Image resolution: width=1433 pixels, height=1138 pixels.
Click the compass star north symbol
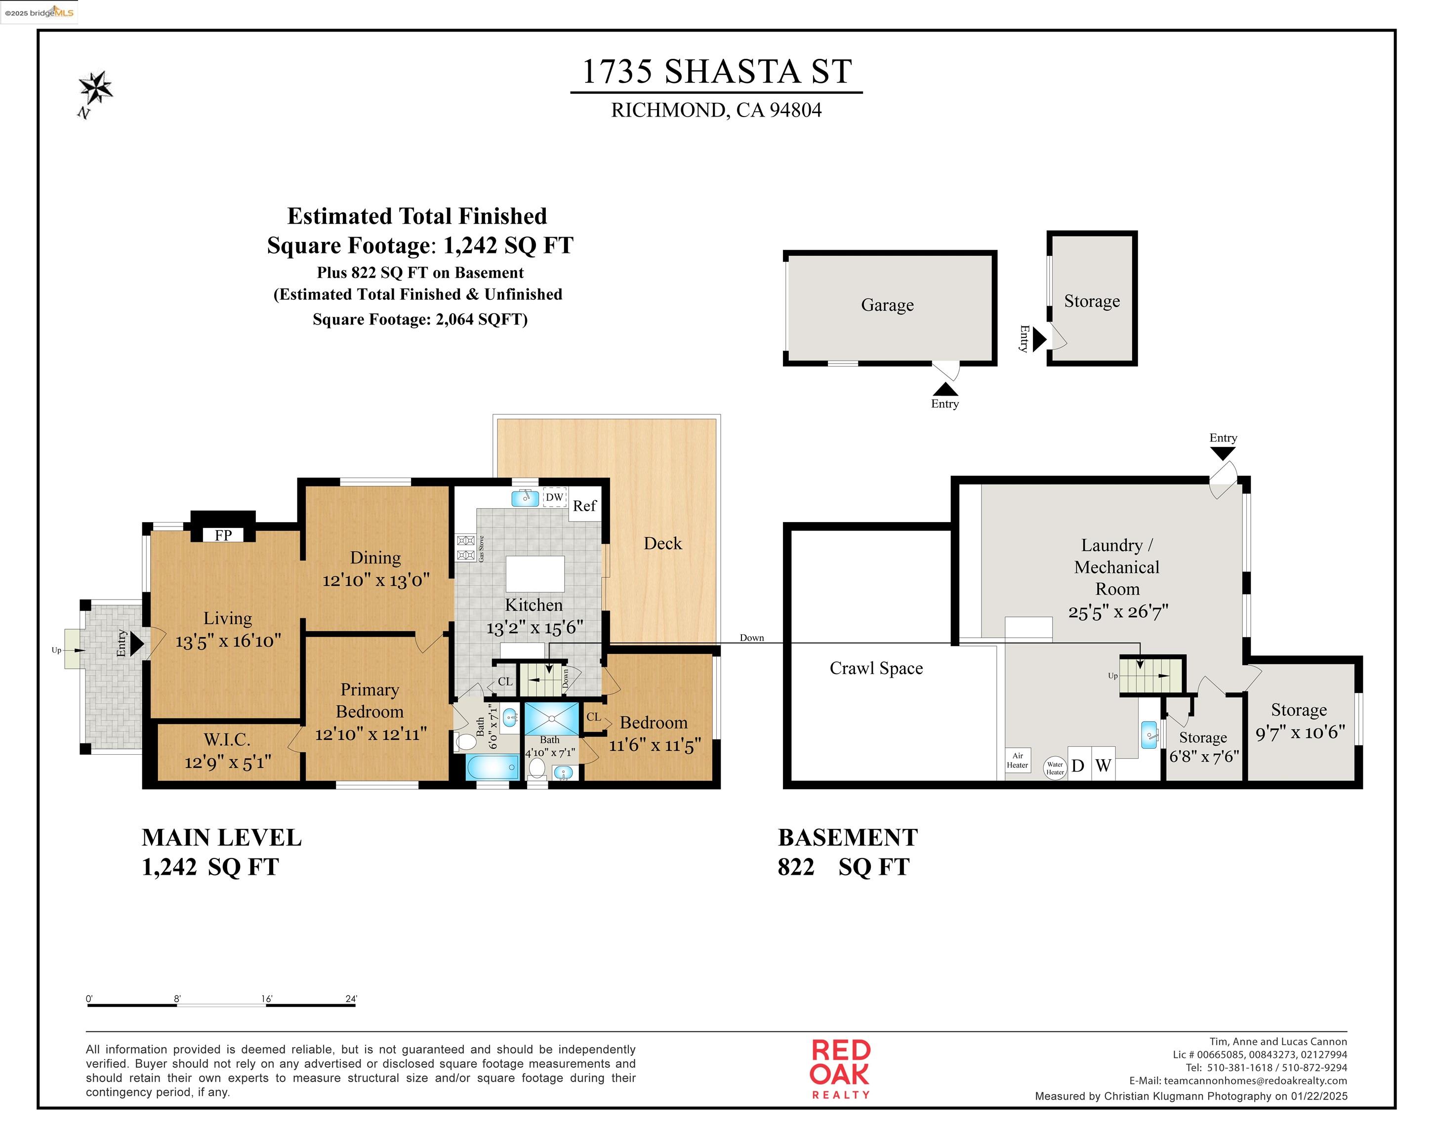(96, 88)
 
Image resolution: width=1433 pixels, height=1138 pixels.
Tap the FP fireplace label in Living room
(223, 535)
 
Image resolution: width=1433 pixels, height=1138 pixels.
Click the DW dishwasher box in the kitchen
(554, 497)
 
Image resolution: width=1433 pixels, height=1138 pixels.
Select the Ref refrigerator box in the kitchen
(584, 506)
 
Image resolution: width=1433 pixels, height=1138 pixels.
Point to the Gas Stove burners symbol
(466, 548)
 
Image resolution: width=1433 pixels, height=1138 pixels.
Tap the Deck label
(663, 544)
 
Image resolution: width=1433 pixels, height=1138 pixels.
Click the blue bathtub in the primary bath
(492, 767)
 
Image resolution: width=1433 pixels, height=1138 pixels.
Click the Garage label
(887, 305)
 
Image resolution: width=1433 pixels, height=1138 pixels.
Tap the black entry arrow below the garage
(945, 390)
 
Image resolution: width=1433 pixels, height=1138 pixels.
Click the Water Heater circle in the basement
(1055, 768)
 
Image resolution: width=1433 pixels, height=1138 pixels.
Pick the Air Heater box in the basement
(1017, 761)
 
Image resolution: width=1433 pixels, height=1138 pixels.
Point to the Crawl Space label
(876, 669)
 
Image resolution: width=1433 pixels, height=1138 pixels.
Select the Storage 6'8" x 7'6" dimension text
(1204, 757)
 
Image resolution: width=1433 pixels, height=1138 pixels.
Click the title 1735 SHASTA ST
(716, 72)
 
